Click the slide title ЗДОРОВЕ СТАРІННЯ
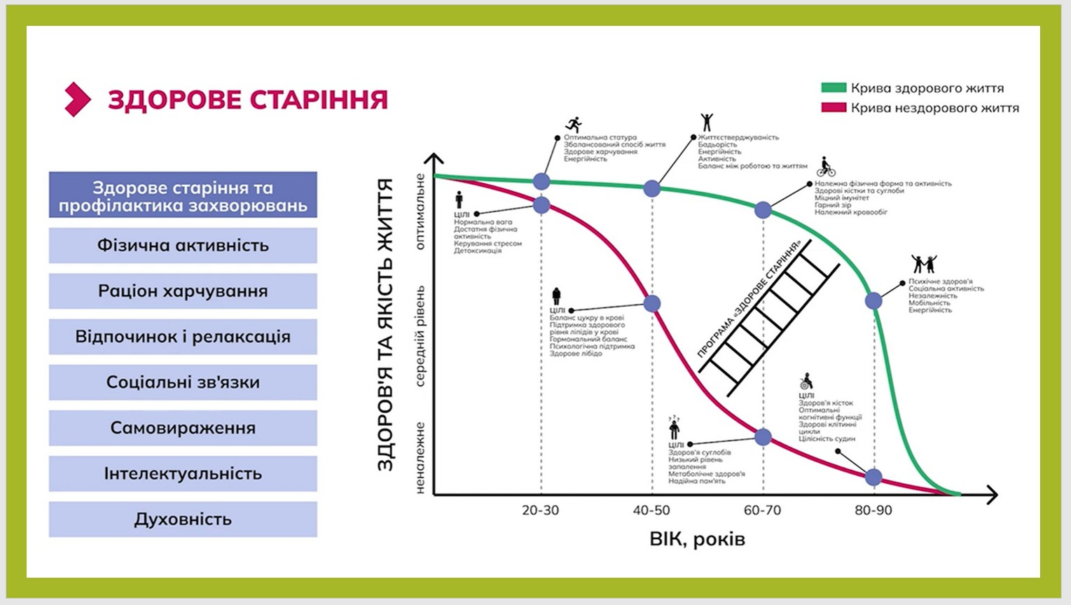(247, 99)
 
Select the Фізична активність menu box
(183, 246)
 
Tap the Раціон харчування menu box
(183, 291)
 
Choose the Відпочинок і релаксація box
(183, 337)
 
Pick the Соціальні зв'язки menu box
(183, 382)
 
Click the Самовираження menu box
(183, 428)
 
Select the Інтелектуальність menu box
(183, 473)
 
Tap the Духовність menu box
(183, 520)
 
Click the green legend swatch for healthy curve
(834, 88)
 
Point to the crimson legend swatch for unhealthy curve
(834, 108)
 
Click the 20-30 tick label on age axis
(541, 510)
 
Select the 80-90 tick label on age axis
(873, 510)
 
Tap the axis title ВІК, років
(697, 539)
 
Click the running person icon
(574, 125)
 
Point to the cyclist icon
(826, 167)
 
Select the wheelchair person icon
(806, 382)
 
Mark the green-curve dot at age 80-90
(873, 301)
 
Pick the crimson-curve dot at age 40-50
(652, 303)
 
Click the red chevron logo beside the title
(77, 99)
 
